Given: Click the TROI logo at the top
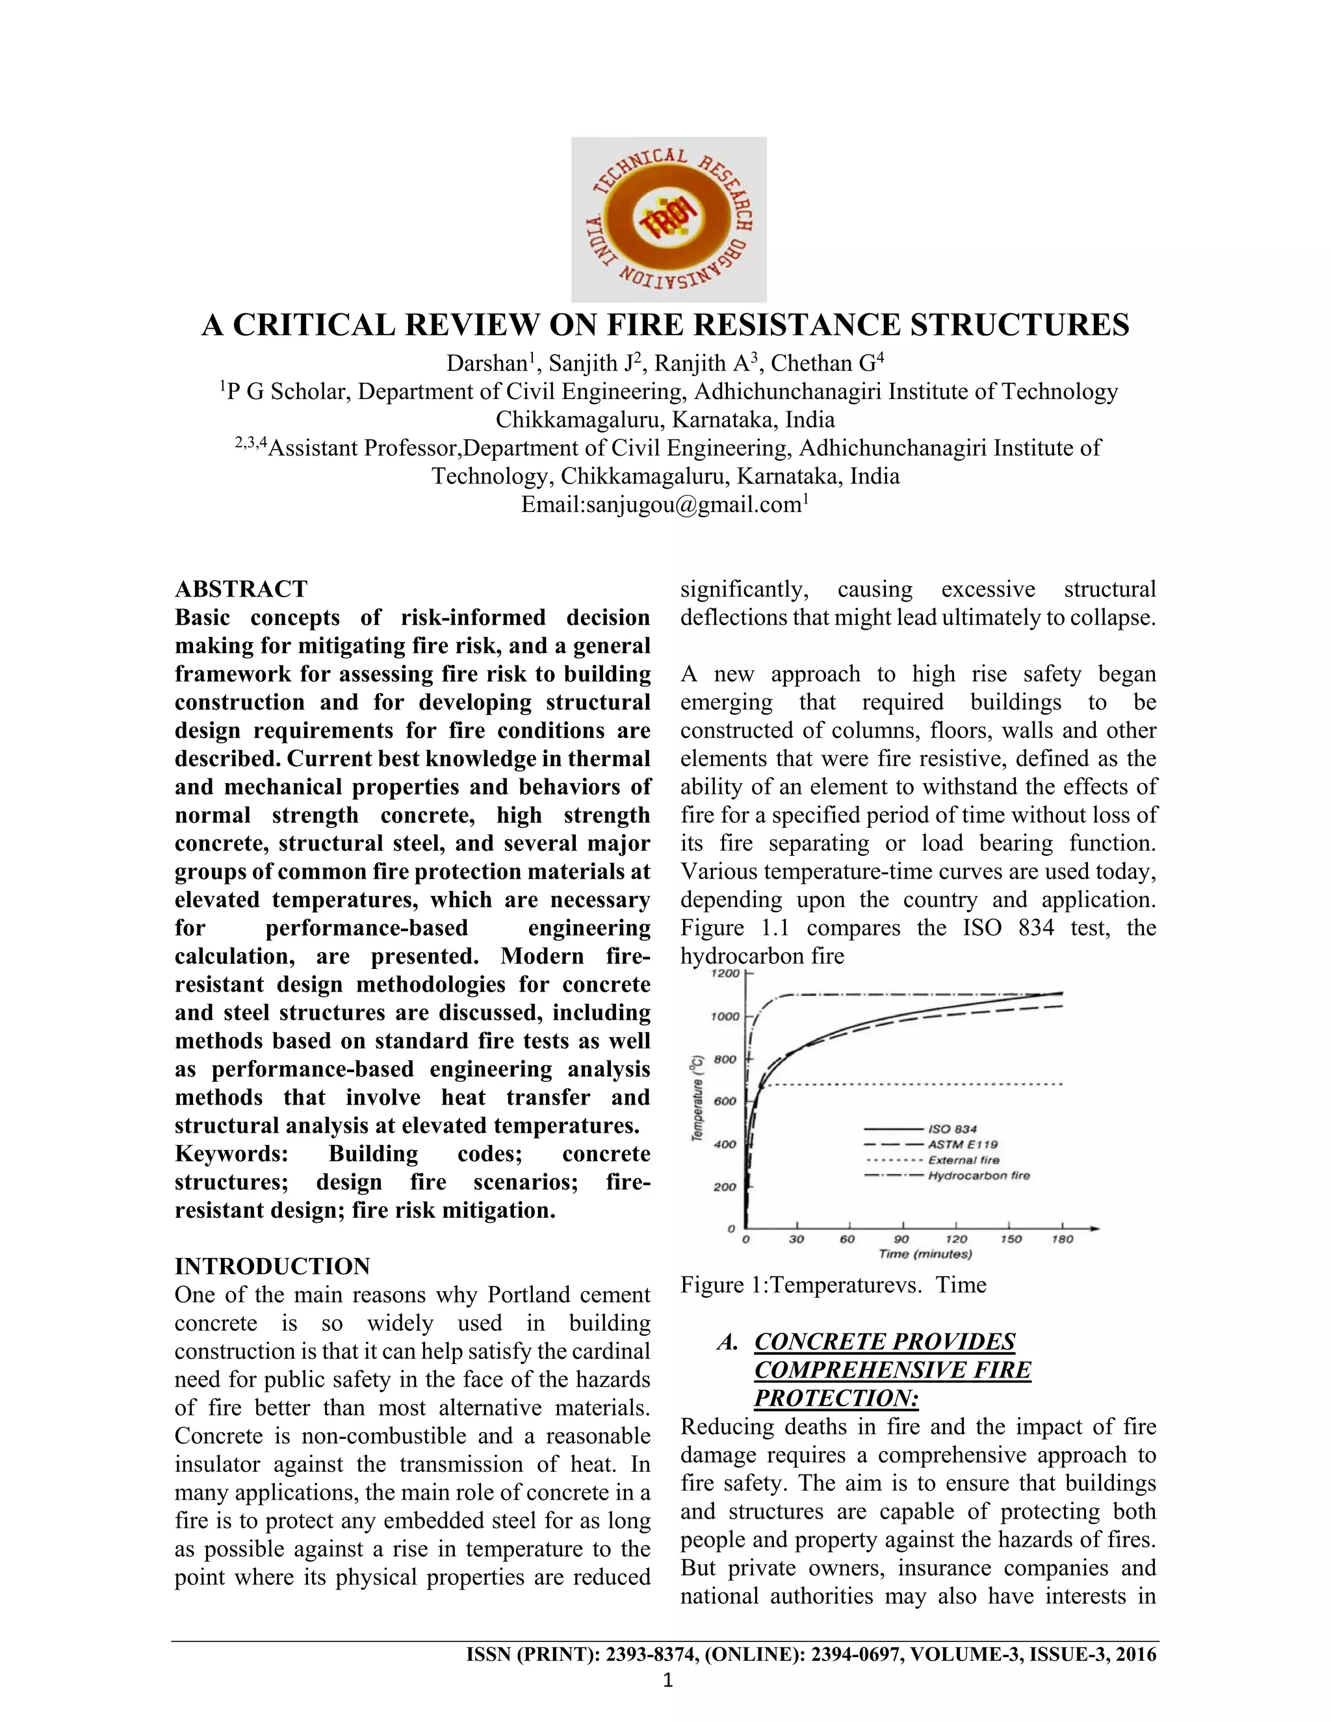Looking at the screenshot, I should pos(668,219).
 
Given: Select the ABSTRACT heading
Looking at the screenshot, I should pos(241,589).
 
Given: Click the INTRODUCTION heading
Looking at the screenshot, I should pos(272,1266).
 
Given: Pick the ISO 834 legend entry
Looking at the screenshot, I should pos(953,1129).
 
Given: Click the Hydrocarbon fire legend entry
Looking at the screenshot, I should pos(979,1176).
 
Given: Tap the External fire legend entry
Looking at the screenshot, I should pos(964,1160).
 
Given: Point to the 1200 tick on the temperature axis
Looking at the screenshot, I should pos(726,974).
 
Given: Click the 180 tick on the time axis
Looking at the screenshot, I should pos(1062,1239).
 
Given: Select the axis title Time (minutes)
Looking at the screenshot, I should pos(925,1253).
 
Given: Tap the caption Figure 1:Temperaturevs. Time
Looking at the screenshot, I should pos(833,1285).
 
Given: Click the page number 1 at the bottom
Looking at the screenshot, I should pos(668,1681).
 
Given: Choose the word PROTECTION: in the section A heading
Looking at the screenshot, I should pos(836,1398).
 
